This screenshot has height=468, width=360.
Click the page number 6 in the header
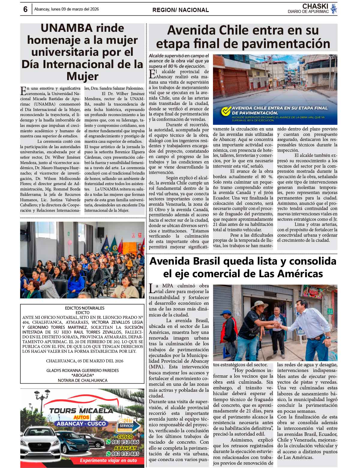(25, 10)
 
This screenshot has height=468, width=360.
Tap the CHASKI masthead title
(315, 6)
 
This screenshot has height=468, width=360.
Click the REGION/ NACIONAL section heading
(181, 10)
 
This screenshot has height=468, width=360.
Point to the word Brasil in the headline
(214, 261)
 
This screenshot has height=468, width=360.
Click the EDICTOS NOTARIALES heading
(85, 308)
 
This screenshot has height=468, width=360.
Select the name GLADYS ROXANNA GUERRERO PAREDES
(82, 370)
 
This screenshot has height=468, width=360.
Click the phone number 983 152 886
(125, 442)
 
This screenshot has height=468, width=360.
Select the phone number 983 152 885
(125, 454)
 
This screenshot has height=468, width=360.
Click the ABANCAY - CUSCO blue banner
(82, 424)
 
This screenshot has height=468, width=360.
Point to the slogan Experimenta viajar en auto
(108, 460)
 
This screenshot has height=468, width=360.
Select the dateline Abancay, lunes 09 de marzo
(66, 9)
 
